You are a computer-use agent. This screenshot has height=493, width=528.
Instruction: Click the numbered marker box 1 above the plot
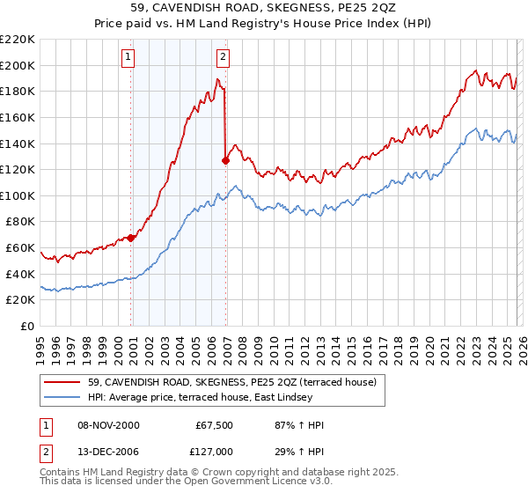(x=128, y=58)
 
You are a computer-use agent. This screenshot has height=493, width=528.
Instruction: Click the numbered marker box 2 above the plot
(x=223, y=58)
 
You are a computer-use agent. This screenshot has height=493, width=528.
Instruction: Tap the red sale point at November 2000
(x=131, y=238)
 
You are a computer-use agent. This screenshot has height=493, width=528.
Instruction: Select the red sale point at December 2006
(x=226, y=160)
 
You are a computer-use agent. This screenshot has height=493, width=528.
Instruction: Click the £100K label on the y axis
(x=18, y=195)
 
